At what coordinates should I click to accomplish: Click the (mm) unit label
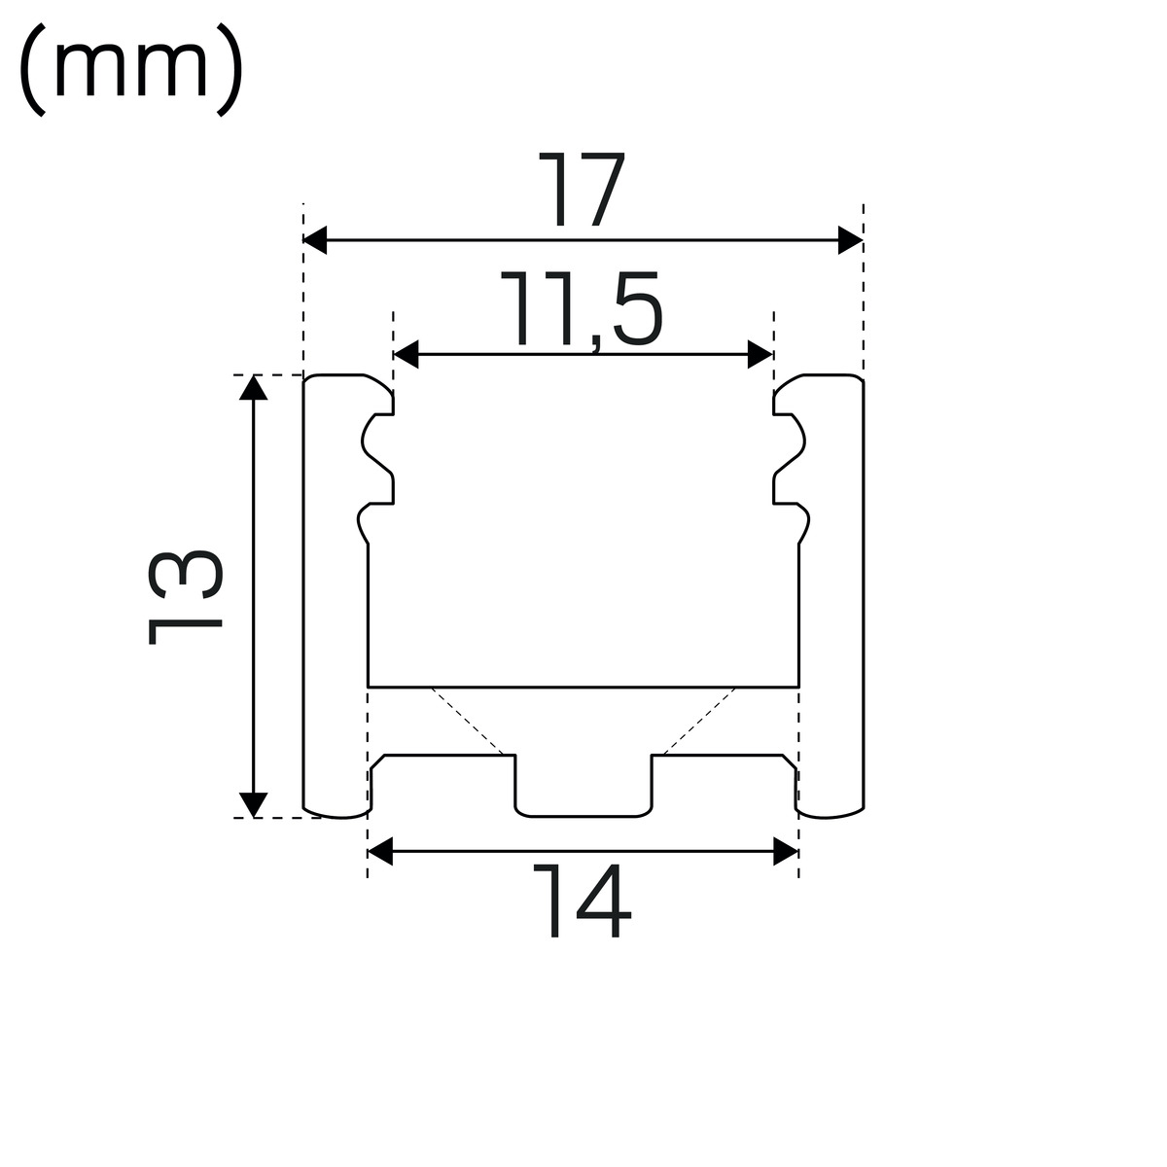131,70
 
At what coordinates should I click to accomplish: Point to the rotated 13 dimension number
186,597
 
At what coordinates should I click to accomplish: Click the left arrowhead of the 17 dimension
315,240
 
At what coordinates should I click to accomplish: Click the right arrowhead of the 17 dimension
851,240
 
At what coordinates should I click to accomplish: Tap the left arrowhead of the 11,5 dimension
406,354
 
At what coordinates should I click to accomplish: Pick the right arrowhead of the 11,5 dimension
760,354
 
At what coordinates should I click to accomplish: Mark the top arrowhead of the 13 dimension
253,388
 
